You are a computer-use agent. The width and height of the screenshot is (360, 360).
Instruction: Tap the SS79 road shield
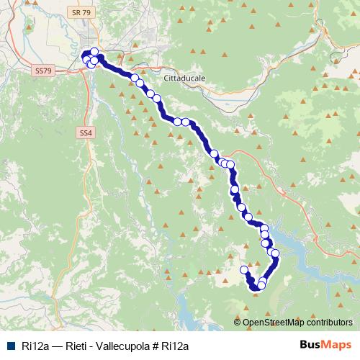click(43, 71)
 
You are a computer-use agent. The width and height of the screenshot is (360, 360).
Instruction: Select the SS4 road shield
click(85, 132)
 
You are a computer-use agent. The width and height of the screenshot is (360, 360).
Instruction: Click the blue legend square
click(10, 346)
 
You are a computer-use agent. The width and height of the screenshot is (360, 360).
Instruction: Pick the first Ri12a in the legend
click(35, 346)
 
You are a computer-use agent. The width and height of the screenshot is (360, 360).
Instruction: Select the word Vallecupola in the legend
click(124, 346)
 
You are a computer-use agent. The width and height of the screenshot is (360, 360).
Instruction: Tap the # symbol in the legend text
click(156, 346)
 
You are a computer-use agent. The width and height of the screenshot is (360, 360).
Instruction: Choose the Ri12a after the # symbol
click(175, 346)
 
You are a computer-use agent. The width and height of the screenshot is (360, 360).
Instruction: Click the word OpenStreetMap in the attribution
click(273, 323)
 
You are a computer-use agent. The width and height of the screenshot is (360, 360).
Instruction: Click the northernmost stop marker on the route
click(94, 51)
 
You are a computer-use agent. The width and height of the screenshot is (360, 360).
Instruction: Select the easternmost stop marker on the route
click(275, 253)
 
